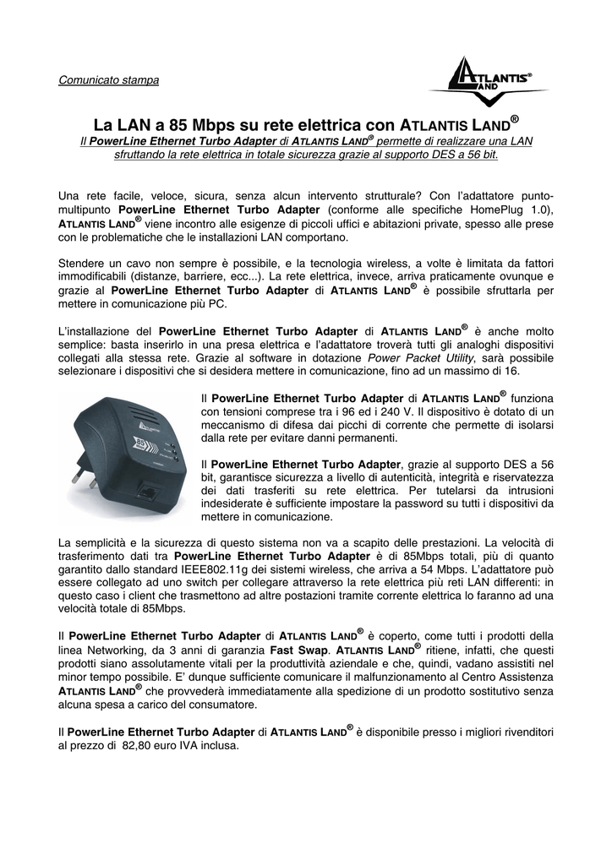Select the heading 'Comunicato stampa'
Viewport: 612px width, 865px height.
tap(108, 81)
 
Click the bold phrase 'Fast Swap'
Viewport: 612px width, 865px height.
tap(298, 651)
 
